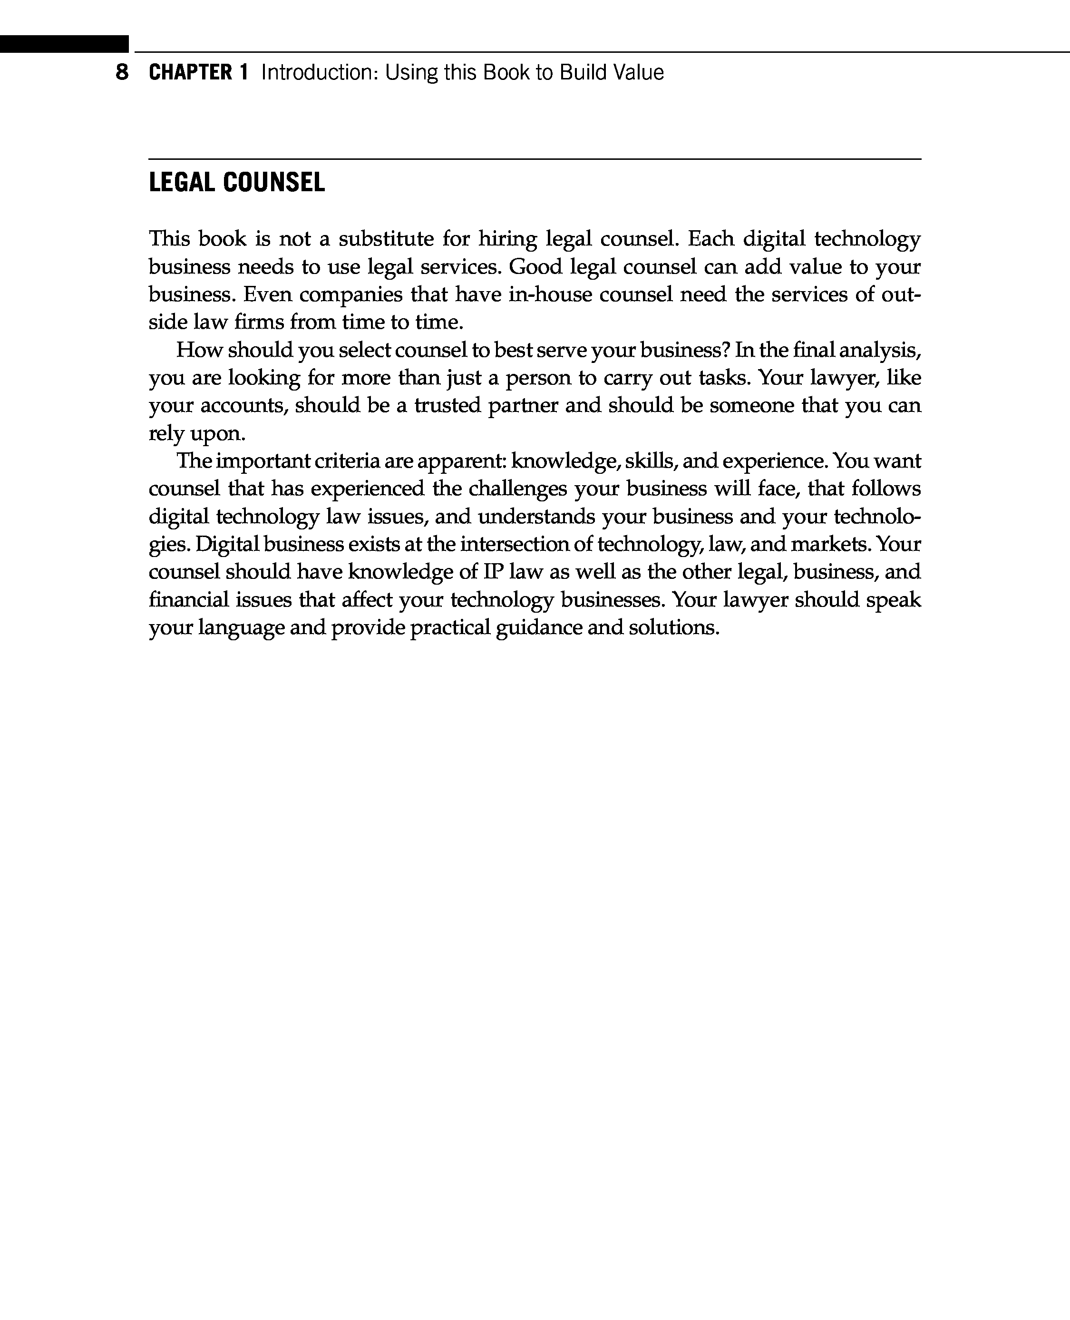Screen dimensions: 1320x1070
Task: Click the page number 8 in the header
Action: pos(122,73)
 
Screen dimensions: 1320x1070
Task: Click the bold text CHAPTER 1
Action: pos(198,73)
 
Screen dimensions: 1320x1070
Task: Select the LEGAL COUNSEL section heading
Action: pos(237,183)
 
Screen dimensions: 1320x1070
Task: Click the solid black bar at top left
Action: pos(64,44)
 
